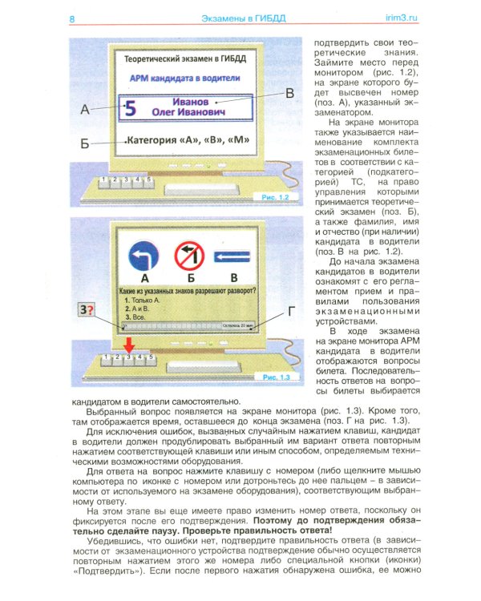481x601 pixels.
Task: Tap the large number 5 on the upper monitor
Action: click(132, 108)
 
